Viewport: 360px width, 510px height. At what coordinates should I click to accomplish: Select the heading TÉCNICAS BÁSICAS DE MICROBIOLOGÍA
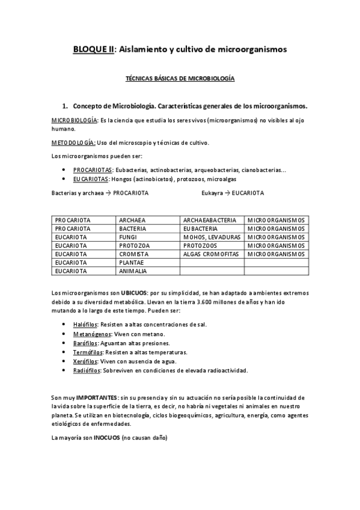pos(179,79)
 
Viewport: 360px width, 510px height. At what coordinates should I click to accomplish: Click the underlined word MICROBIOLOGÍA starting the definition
pos(75,120)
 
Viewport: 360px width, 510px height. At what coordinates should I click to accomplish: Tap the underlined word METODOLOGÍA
pos(73,143)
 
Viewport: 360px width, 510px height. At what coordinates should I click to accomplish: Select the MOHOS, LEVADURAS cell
pos(212,238)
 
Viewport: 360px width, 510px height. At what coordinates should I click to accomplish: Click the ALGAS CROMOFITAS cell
pos(211,254)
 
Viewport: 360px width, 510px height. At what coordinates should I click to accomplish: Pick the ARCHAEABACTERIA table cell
pos(210,220)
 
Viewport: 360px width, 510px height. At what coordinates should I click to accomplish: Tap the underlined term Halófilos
pos(85,324)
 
